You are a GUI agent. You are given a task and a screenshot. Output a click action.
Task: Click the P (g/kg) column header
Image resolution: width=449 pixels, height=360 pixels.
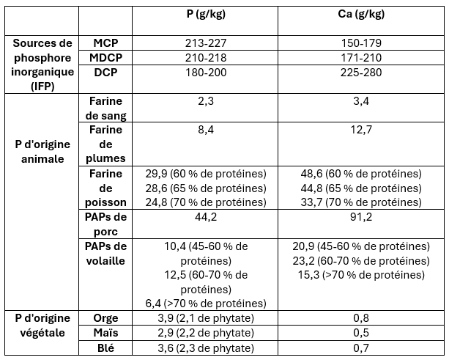[207, 14]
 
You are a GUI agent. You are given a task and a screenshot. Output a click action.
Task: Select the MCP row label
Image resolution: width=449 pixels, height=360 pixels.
[106, 43]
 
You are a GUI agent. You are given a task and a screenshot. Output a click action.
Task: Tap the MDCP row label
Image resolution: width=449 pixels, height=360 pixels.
[106, 57]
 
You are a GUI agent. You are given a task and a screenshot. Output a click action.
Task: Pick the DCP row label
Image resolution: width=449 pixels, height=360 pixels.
[106, 72]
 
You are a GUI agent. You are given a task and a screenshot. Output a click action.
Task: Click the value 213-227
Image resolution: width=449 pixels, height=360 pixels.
[207, 43]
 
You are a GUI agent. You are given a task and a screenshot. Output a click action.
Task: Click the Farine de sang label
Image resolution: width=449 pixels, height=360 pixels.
[106, 108]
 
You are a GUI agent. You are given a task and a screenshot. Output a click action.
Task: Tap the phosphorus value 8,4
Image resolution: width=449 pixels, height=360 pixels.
[207, 130]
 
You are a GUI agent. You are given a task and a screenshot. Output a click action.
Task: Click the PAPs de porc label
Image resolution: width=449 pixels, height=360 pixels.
[106, 224]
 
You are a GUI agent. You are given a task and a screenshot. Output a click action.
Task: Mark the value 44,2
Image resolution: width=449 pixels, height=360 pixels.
[207, 217]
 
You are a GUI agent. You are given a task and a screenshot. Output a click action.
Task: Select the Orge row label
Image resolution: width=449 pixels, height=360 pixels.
[106, 318]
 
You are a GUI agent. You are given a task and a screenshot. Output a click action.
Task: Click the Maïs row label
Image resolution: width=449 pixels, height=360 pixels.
[106, 333]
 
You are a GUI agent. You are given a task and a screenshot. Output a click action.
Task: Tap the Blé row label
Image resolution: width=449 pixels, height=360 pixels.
[106, 348]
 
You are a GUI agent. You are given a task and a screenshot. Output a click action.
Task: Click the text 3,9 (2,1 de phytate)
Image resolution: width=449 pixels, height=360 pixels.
[207, 318]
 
